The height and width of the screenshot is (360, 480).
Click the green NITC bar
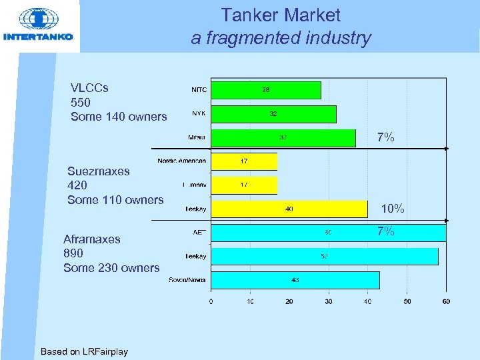click(x=265, y=90)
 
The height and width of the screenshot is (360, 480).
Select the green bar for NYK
click(x=273, y=114)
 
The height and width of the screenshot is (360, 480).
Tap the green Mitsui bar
click(x=283, y=138)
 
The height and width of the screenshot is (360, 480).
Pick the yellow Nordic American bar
click(x=244, y=161)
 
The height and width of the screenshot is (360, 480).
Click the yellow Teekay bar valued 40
click(x=289, y=209)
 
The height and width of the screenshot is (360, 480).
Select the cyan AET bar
click(x=328, y=233)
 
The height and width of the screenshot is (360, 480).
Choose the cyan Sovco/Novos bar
click(x=295, y=280)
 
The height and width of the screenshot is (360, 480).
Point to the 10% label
click(x=393, y=209)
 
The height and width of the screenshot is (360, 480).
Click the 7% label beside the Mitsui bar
click(x=385, y=138)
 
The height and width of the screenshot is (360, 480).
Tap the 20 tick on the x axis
click(x=289, y=301)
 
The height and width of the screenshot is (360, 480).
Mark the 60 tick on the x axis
click(x=446, y=301)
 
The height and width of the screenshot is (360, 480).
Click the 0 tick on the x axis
click(x=211, y=301)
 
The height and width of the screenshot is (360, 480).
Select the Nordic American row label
click(x=181, y=161)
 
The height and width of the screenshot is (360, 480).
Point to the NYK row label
click(x=199, y=113)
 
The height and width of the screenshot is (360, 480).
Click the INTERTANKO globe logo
click(x=38, y=19)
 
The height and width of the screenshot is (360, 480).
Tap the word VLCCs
click(x=89, y=88)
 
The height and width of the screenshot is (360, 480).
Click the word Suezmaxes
click(x=99, y=171)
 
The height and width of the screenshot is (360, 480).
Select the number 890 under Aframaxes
click(x=73, y=253)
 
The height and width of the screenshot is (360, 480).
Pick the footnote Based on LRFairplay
click(x=84, y=351)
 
